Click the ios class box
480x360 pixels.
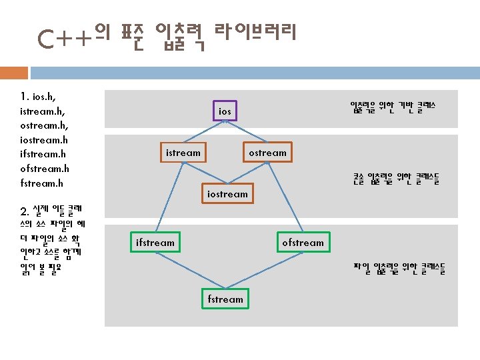(225, 111)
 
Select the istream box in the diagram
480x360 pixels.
(183, 153)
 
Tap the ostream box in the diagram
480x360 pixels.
(267, 153)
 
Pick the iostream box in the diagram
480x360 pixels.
(227, 194)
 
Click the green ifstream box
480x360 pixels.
(155, 243)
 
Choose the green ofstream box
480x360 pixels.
(303, 243)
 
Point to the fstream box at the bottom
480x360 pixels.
(225, 299)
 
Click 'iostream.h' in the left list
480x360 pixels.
(44, 140)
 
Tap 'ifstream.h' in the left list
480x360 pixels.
(43, 155)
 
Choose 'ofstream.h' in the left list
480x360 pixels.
(45, 169)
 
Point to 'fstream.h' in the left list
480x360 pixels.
(42, 183)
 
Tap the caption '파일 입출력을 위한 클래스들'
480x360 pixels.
(399, 269)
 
